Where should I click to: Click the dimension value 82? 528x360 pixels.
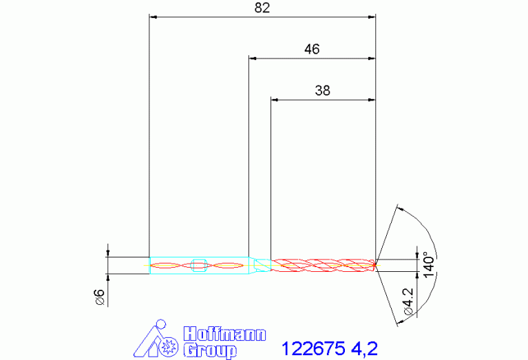tap(262, 8)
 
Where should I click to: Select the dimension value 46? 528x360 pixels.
tap(312, 49)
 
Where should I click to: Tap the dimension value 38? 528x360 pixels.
tap(323, 91)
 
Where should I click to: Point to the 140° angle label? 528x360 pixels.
tap(429, 264)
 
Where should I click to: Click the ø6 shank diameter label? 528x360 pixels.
tap(100, 297)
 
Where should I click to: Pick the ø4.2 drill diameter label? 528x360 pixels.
tap(408, 301)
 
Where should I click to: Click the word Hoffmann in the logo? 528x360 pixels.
tap(224, 334)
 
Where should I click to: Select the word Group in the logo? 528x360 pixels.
tap(210, 350)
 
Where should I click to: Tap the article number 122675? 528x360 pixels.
tap(313, 348)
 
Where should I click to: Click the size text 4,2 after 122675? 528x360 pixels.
tap(364, 348)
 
